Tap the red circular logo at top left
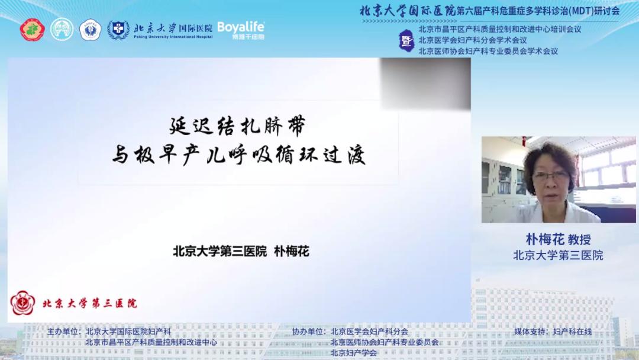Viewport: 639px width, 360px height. [33, 30]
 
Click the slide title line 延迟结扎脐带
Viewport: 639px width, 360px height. [237, 126]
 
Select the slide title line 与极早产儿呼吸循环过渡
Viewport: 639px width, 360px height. [238, 157]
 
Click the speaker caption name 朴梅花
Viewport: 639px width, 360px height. [545, 239]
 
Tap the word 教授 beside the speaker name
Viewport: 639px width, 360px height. [579, 240]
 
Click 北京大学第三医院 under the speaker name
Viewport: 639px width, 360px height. [557, 255]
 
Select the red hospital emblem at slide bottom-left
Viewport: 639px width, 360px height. [22, 303]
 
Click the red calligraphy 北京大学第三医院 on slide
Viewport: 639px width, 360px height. [89, 303]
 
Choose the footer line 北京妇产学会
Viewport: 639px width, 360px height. [354, 353]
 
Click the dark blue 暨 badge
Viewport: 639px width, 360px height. [406, 41]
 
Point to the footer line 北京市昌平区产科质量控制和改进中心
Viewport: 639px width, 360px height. [151, 342]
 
